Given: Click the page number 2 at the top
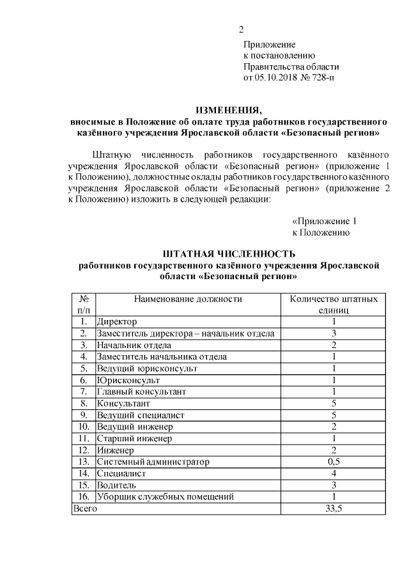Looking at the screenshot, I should [241, 29].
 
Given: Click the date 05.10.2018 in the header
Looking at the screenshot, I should [276, 78].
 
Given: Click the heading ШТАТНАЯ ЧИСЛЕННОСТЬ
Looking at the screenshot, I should [229, 254].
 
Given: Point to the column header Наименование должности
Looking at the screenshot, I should [188, 299].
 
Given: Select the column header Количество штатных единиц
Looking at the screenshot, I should [334, 304].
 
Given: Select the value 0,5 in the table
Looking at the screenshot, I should [334, 461].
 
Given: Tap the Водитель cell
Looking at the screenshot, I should [116, 485].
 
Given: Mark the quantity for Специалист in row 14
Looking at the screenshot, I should [334, 473].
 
